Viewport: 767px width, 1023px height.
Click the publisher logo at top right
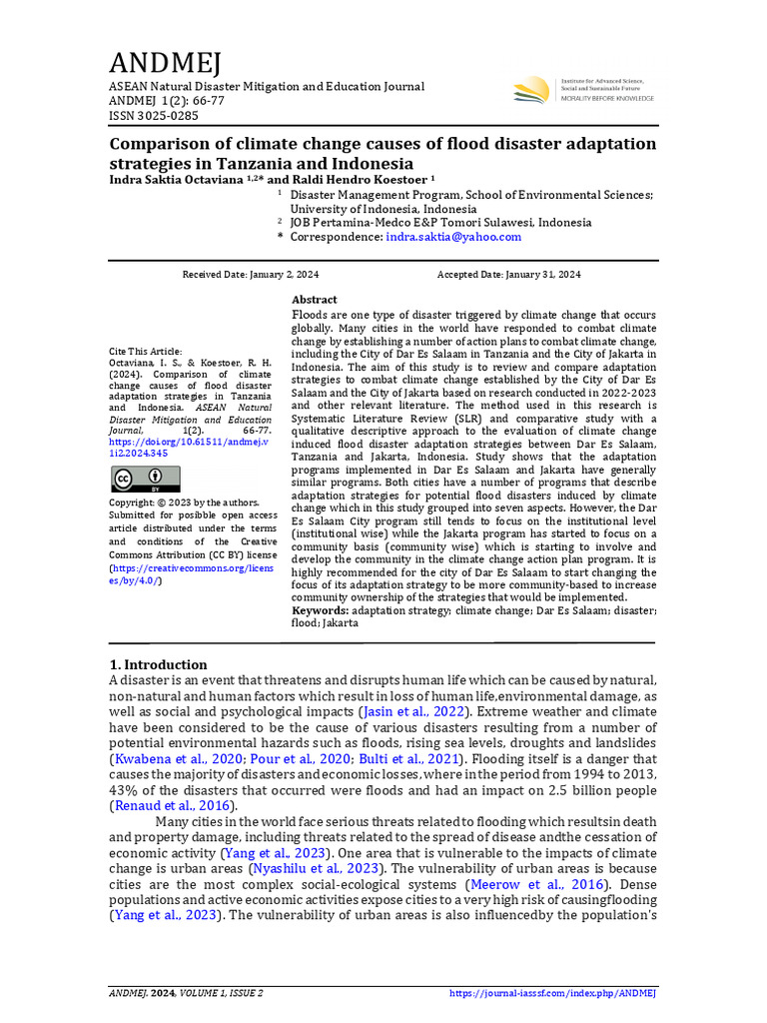point(583,90)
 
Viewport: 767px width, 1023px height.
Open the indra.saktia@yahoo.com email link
point(453,237)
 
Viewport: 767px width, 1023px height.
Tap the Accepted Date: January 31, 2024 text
point(508,275)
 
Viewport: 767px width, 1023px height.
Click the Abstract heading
point(315,300)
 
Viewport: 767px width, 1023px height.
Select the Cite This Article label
point(146,352)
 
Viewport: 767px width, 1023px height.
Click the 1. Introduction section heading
point(158,664)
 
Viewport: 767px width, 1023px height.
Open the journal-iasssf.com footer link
point(552,993)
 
